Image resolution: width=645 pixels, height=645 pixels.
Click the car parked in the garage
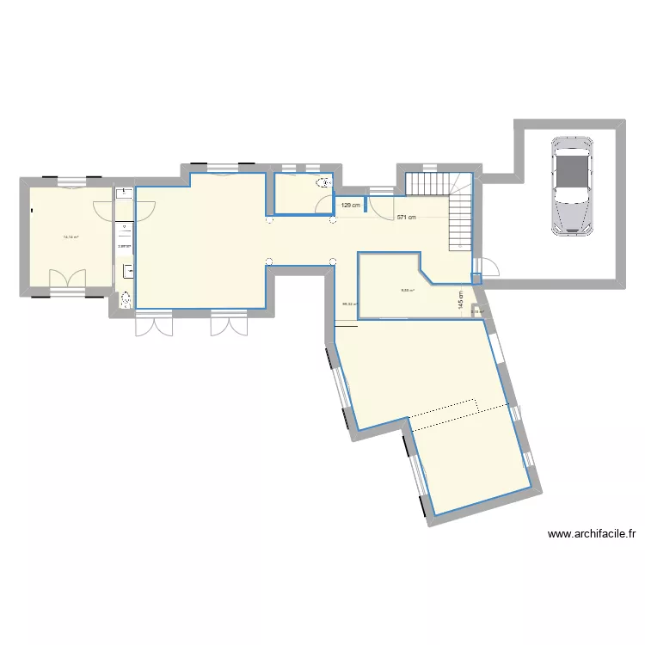click(x=571, y=185)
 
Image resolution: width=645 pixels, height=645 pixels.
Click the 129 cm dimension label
click(x=351, y=206)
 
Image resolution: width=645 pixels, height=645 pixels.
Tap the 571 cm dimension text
click(x=406, y=218)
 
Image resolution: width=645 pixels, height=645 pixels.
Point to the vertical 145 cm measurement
click(x=461, y=298)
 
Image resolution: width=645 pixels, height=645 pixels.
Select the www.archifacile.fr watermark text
click(x=592, y=534)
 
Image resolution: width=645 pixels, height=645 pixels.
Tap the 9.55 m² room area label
click(x=407, y=290)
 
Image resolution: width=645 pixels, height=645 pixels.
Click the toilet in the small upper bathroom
click(x=324, y=182)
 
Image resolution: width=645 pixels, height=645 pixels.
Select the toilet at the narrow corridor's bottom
click(x=126, y=299)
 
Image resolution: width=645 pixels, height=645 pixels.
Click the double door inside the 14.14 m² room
click(x=67, y=278)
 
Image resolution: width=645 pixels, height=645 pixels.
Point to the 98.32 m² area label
click(x=350, y=304)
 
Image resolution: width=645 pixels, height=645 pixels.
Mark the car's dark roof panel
click(x=571, y=175)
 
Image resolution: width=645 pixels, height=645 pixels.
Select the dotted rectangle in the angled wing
click(x=443, y=412)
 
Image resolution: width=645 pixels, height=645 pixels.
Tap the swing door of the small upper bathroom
click(x=325, y=205)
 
